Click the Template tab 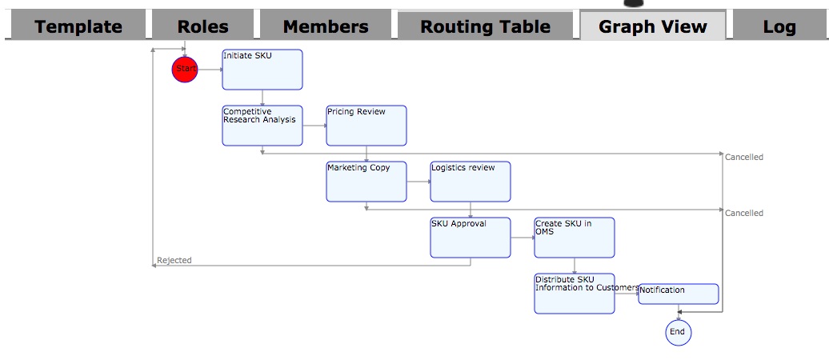[78, 26]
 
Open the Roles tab [202, 26]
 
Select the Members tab [326, 26]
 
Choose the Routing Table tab [485, 26]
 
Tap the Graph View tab [653, 26]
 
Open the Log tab [779, 26]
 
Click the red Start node [185, 70]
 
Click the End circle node [678, 332]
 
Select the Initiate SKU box [262, 70]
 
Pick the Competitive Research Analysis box [262, 126]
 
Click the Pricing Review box [366, 126]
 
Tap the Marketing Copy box [366, 182]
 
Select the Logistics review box [471, 182]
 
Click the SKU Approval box [471, 238]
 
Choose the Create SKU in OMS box [575, 238]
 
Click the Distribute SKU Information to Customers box [575, 294]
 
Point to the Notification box [679, 294]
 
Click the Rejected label [174, 261]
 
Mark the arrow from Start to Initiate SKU [210, 70]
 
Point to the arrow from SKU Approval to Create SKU [523, 238]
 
